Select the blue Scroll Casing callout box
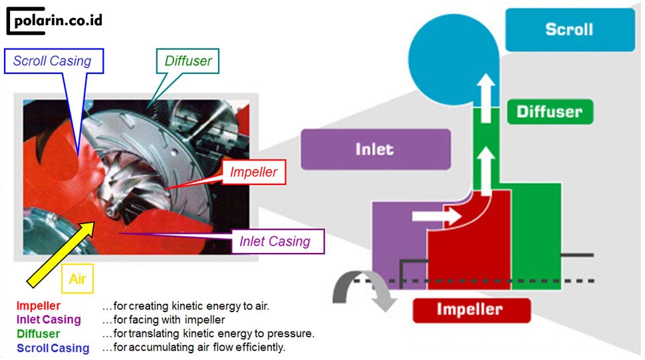pyautogui.click(x=53, y=61)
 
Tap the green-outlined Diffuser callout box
pyautogui.click(x=188, y=61)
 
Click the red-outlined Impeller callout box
pyautogui.click(x=253, y=172)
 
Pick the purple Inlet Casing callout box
pyautogui.click(x=275, y=241)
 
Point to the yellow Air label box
pyautogui.click(x=77, y=279)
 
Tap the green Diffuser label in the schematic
pyautogui.click(x=549, y=112)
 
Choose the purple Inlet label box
pyautogui.click(x=375, y=149)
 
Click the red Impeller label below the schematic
pyautogui.click(x=471, y=310)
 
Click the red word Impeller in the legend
pyautogui.click(x=39, y=306)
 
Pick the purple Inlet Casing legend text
pyautogui.click(x=49, y=320)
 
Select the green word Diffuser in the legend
pyautogui.click(x=39, y=334)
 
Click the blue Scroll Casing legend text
pyautogui.click(x=53, y=348)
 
